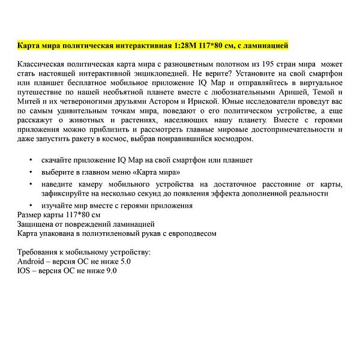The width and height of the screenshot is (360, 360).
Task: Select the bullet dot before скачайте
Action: click(31, 160)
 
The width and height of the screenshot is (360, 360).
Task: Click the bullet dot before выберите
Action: click(31, 172)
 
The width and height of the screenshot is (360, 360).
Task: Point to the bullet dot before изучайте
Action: click(31, 206)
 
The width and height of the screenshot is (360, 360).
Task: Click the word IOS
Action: click(25, 271)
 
